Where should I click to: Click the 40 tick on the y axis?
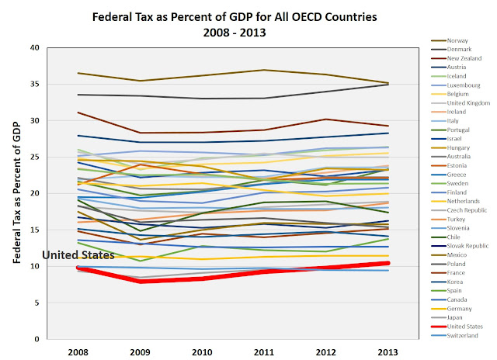[33, 47]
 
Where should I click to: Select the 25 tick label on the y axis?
[33, 157]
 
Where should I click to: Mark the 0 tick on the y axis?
[35, 339]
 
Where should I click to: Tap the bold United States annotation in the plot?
[78, 254]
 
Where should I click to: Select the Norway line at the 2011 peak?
[265, 70]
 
